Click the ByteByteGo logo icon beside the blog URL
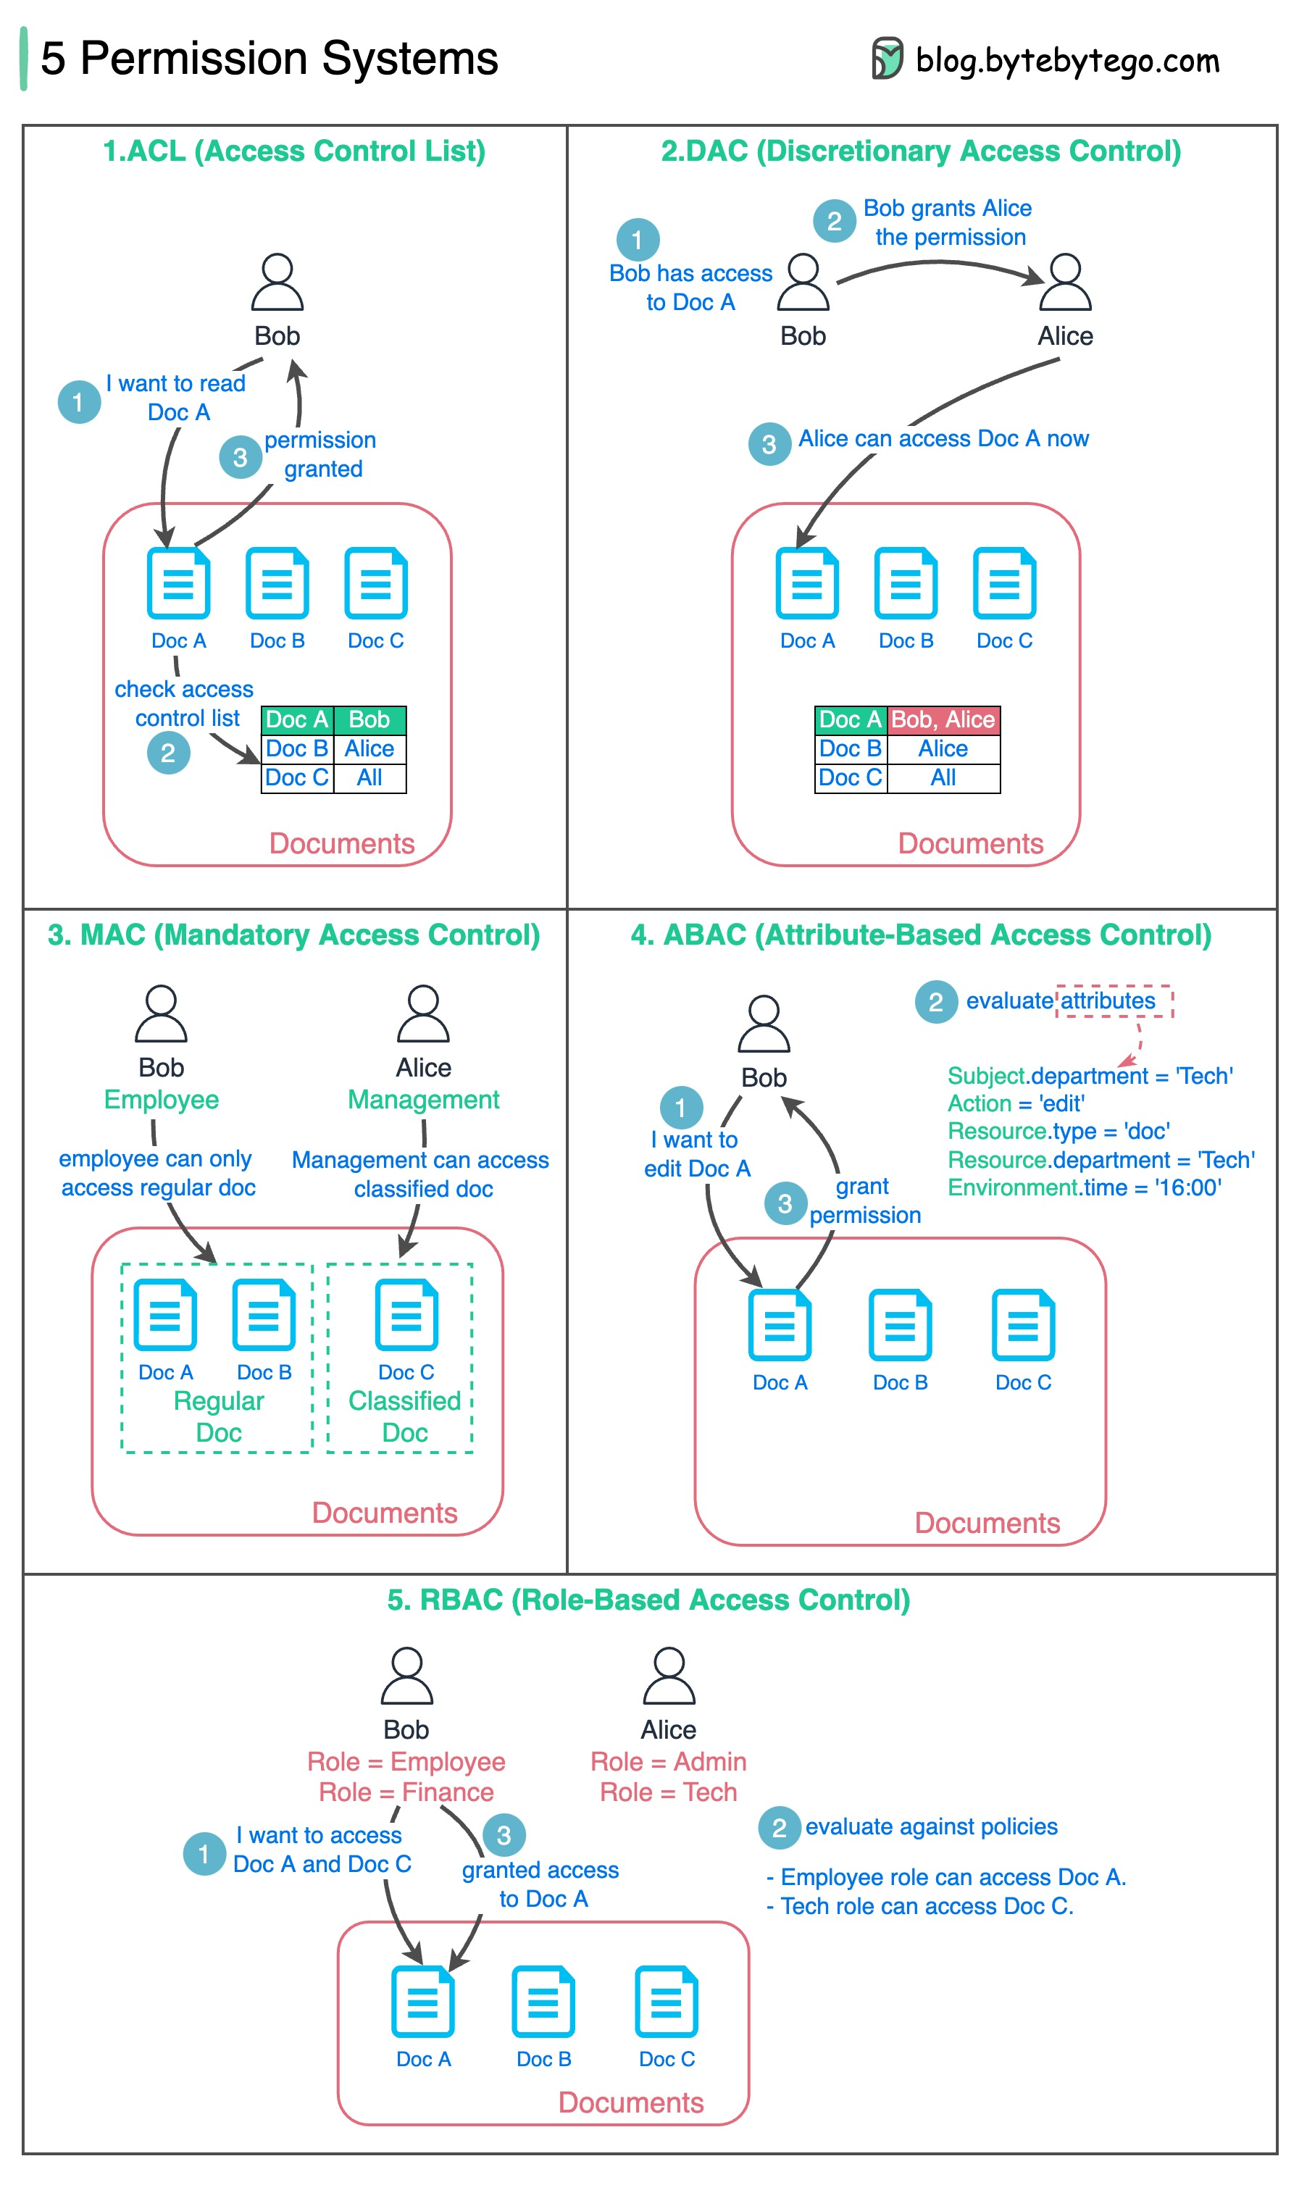[887, 58]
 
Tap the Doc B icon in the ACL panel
[277, 583]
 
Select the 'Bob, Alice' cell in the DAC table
[943, 719]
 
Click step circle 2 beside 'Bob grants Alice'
[834, 221]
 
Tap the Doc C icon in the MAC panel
[406, 1314]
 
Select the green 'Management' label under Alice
[424, 1099]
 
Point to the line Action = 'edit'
[1016, 1103]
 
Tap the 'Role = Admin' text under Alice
[669, 1761]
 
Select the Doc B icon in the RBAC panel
[543, 2001]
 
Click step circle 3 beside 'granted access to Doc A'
[504, 1835]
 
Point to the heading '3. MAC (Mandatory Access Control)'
[294, 935]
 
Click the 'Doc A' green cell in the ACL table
[298, 719]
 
